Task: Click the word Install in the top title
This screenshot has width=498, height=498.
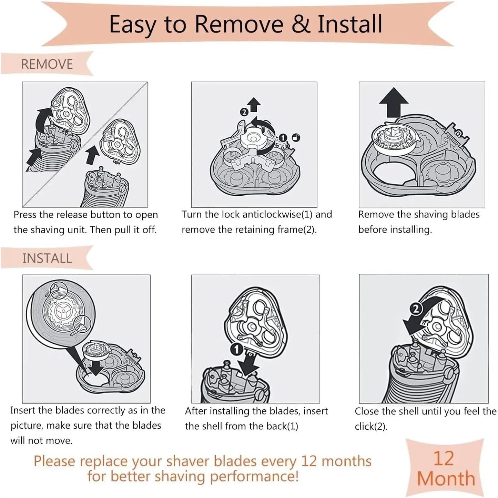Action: click(x=349, y=24)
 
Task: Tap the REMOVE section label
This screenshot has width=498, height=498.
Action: click(x=47, y=64)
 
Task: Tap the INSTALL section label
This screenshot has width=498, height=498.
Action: click(x=47, y=258)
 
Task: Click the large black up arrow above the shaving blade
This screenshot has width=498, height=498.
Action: click(x=394, y=102)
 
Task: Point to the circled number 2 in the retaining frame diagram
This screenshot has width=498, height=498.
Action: click(x=244, y=112)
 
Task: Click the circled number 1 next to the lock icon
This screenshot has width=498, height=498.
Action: click(x=283, y=138)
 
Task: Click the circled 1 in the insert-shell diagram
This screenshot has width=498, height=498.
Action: click(x=237, y=350)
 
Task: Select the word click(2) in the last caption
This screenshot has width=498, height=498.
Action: click(x=371, y=427)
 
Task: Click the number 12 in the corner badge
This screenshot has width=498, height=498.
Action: click(x=443, y=459)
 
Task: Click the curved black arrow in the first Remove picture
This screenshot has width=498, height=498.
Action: click(x=42, y=118)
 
